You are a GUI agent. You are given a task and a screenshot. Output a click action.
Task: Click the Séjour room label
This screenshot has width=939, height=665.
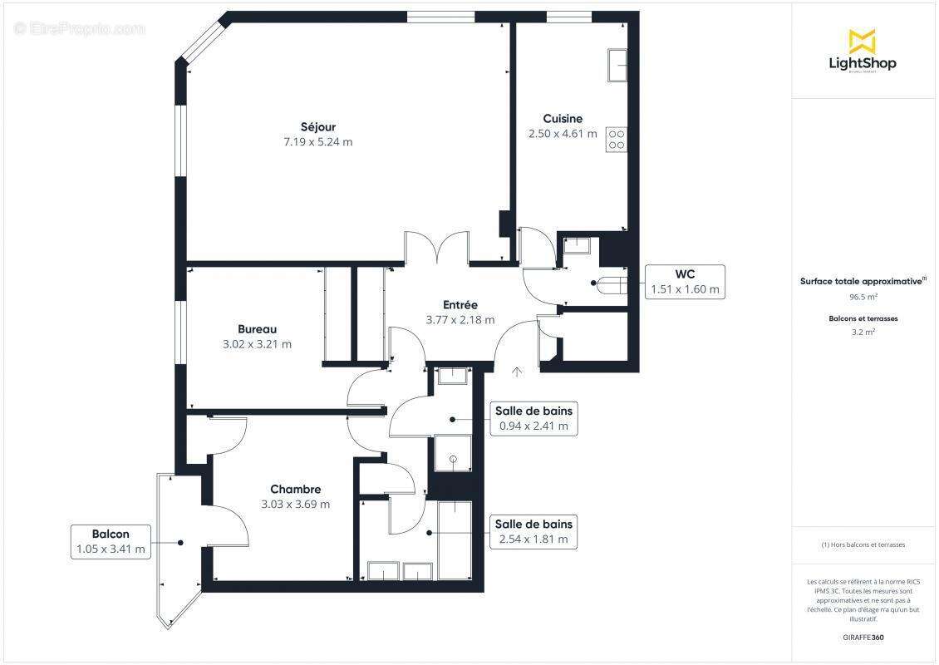click(x=318, y=126)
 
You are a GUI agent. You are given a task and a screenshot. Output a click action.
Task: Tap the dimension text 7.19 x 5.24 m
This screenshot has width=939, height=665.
click(x=318, y=142)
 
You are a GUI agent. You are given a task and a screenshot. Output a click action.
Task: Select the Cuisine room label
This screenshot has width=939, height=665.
click(x=563, y=119)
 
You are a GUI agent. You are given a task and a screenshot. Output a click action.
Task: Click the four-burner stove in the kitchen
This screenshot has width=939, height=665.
click(x=616, y=139)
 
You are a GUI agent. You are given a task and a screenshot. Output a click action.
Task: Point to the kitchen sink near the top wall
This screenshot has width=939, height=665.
click(x=617, y=66)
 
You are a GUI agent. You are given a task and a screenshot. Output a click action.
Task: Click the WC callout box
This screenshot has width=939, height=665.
click(x=686, y=282)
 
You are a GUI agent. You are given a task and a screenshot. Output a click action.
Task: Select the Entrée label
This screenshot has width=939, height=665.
click(x=460, y=305)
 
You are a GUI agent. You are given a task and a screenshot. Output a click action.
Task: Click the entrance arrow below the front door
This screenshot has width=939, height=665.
click(x=517, y=372)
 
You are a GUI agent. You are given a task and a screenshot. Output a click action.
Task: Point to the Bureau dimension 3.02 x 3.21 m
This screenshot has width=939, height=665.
click(x=258, y=344)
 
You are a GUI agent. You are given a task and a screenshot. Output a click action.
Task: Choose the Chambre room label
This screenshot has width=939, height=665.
click(x=295, y=489)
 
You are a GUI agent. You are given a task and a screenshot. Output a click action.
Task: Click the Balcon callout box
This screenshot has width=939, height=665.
click(x=111, y=541)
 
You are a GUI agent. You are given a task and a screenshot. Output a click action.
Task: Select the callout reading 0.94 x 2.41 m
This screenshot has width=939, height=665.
click(x=533, y=418)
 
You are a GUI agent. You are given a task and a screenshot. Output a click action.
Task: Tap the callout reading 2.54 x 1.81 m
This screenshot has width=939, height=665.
click(x=533, y=532)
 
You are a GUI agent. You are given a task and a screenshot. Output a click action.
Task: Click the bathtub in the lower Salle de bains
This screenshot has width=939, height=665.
click(x=455, y=540)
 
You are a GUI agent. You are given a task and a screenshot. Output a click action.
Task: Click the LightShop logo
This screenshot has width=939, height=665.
click(x=862, y=52)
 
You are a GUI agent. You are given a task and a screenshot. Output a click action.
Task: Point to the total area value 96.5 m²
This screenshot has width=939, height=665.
click(x=862, y=296)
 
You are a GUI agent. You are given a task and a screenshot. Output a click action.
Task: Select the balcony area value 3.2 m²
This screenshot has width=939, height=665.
click(x=863, y=332)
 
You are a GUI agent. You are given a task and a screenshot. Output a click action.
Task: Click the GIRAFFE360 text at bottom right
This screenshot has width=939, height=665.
click(x=862, y=638)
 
